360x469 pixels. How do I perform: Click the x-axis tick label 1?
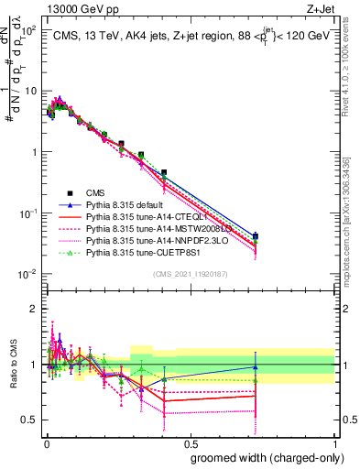334,443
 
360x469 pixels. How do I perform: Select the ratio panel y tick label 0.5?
29,420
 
